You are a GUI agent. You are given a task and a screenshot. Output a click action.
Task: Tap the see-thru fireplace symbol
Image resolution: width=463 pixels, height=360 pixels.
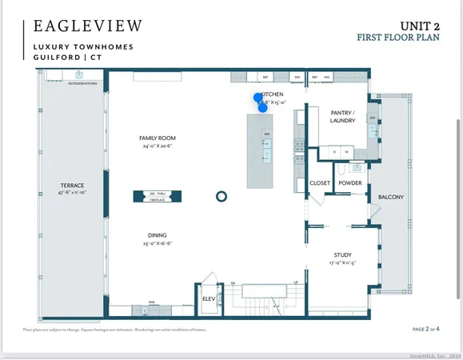157,197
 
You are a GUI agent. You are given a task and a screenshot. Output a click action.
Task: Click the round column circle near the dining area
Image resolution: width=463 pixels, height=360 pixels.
222,196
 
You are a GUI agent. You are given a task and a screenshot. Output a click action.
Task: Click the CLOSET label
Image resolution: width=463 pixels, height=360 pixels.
320,183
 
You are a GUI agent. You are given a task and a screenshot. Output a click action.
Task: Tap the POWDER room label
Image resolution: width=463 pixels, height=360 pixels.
349,183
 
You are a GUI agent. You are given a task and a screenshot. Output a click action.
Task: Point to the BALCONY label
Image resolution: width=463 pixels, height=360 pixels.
391,197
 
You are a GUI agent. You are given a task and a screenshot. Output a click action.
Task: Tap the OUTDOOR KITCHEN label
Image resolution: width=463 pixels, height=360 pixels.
82,83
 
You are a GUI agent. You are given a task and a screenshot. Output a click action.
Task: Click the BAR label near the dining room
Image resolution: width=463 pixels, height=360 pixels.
153,302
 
